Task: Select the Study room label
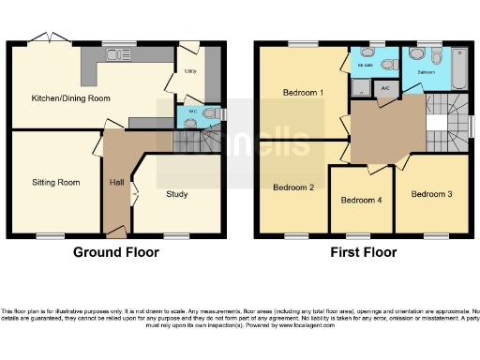click(x=176, y=195)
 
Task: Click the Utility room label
click(x=189, y=71)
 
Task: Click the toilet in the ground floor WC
click(x=212, y=115)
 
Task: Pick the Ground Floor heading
click(x=117, y=252)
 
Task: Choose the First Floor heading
click(x=363, y=252)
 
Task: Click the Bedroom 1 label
click(x=303, y=93)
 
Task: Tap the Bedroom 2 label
click(x=292, y=187)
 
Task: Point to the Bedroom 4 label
click(x=361, y=200)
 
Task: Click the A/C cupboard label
click(x=385, y=87)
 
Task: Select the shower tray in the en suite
click(x=359, y=88)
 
